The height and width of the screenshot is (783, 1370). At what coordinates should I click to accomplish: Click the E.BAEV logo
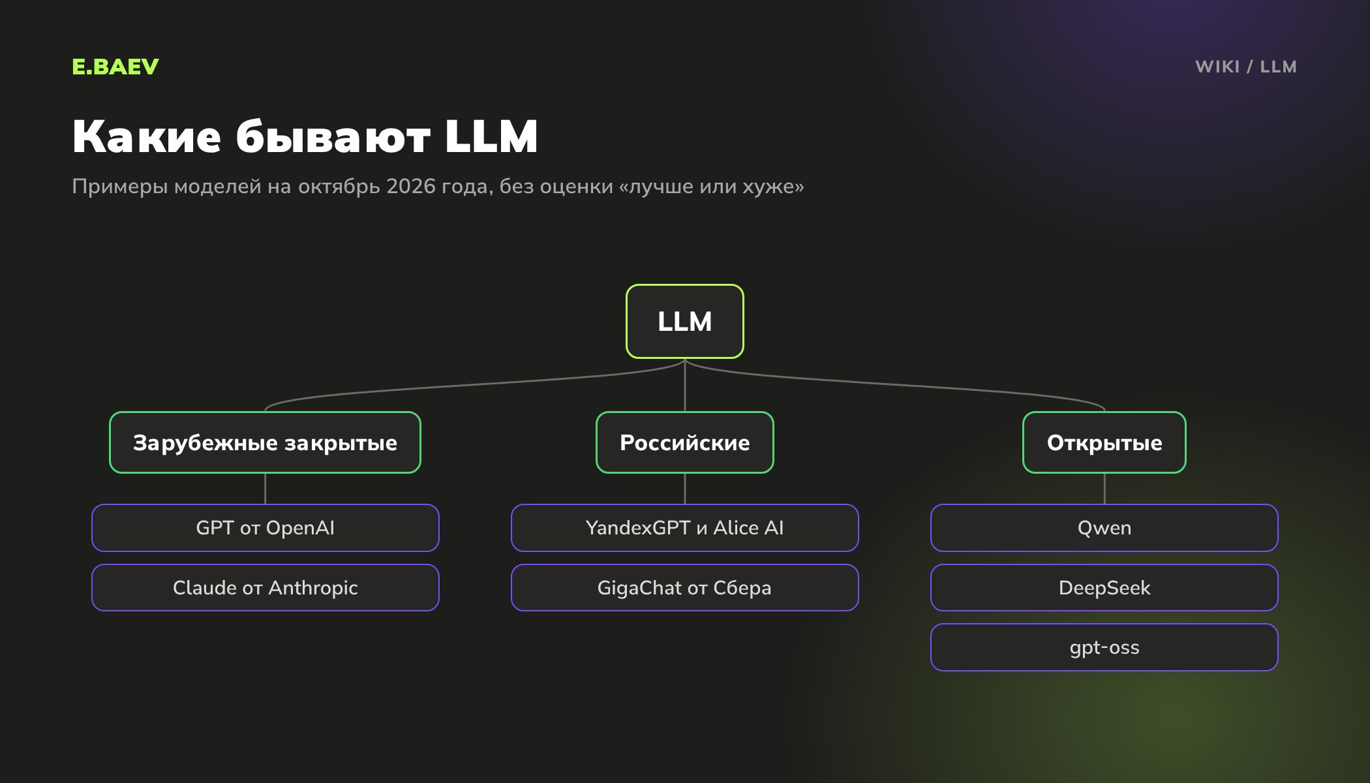tap(115, 67)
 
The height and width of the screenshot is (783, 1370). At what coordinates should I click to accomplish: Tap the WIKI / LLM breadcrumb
tap(1246, 67)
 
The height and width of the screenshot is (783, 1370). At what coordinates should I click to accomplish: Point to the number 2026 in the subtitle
tap(411, 187)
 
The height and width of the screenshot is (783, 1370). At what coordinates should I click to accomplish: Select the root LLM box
tap(685, 321)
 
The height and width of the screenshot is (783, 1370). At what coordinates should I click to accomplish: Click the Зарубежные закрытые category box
tap(265, 442)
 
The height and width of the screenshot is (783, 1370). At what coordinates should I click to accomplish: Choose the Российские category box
tap(685, 442)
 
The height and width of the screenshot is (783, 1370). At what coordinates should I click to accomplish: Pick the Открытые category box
tap(1104, 442)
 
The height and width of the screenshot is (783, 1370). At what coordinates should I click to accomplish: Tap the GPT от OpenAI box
tap(266, 528)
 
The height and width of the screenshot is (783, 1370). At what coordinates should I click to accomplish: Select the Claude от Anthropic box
tap(266, 588)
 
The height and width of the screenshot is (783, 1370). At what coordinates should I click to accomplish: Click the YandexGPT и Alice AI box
tap(685, 528)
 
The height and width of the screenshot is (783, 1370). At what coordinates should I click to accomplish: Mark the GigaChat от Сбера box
tap(685, 588)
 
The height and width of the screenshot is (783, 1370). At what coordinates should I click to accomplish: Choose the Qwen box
tap(1104, 528)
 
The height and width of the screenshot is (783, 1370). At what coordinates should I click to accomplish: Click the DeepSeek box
tap(1104, 588)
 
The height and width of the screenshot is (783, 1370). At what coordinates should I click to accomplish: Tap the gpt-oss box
tap(1104, 647)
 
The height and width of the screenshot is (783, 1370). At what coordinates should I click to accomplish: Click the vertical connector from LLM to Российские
tap(685, 385)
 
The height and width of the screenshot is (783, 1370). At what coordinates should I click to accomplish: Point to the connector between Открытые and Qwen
tap(1104, 489)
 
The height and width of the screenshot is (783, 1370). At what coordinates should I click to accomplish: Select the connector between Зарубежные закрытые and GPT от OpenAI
tap(265, 489)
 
